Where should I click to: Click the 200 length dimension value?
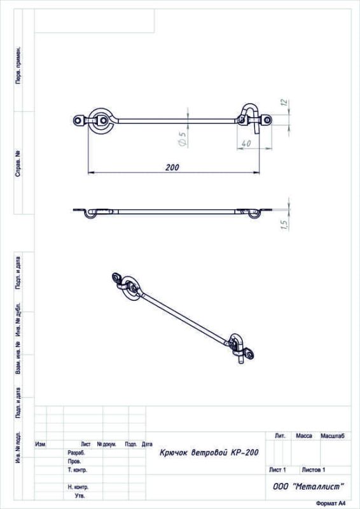(x=172, y=167)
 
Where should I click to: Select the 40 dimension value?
(x=246, y=143)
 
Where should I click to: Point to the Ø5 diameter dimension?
(x=183, y=139)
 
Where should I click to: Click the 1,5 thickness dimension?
(x=284, y=225)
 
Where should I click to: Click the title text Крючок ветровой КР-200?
(x=209, y=452)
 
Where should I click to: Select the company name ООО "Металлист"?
(x=308, y=486)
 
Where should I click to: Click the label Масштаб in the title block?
(x=333, y=436)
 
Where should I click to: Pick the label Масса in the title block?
(x=304, y=436)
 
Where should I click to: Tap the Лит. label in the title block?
(x=280, y=436)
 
